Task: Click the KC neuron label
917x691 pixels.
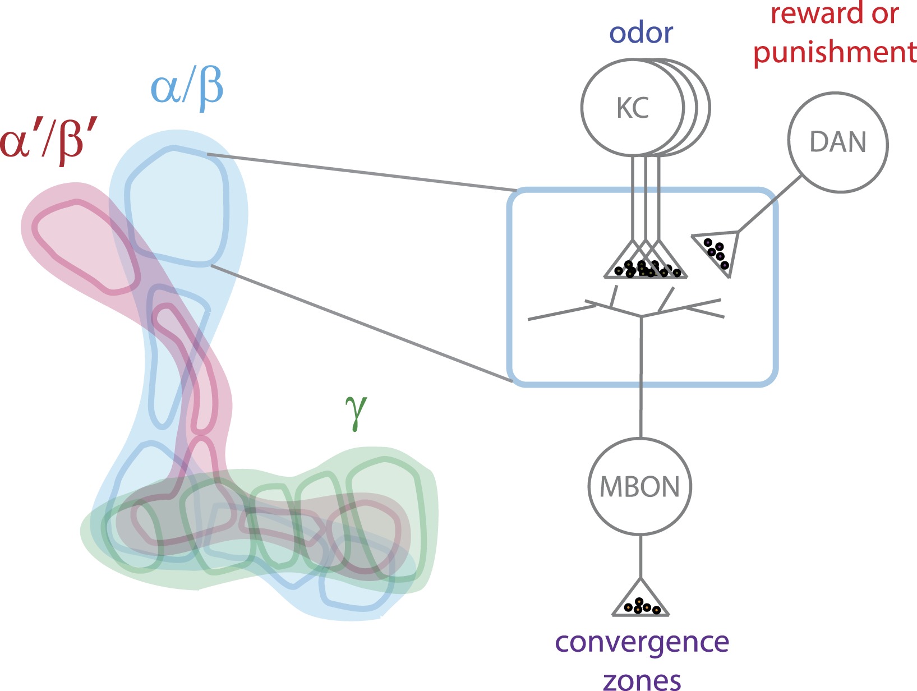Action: [633, 108]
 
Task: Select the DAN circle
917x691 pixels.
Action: [838, 143]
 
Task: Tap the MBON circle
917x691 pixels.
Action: [640, 487]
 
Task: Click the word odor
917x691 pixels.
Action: [641, 33]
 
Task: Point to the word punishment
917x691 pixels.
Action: [835, 52]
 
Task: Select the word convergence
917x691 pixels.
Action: [642, 642]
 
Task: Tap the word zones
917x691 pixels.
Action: [642, 680]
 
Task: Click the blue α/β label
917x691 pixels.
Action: [187, 88]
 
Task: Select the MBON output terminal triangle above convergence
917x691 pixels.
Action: [640, 601]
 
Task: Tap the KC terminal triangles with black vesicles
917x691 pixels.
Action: [646, 264]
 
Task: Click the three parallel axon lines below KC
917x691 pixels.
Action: [646, 196]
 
